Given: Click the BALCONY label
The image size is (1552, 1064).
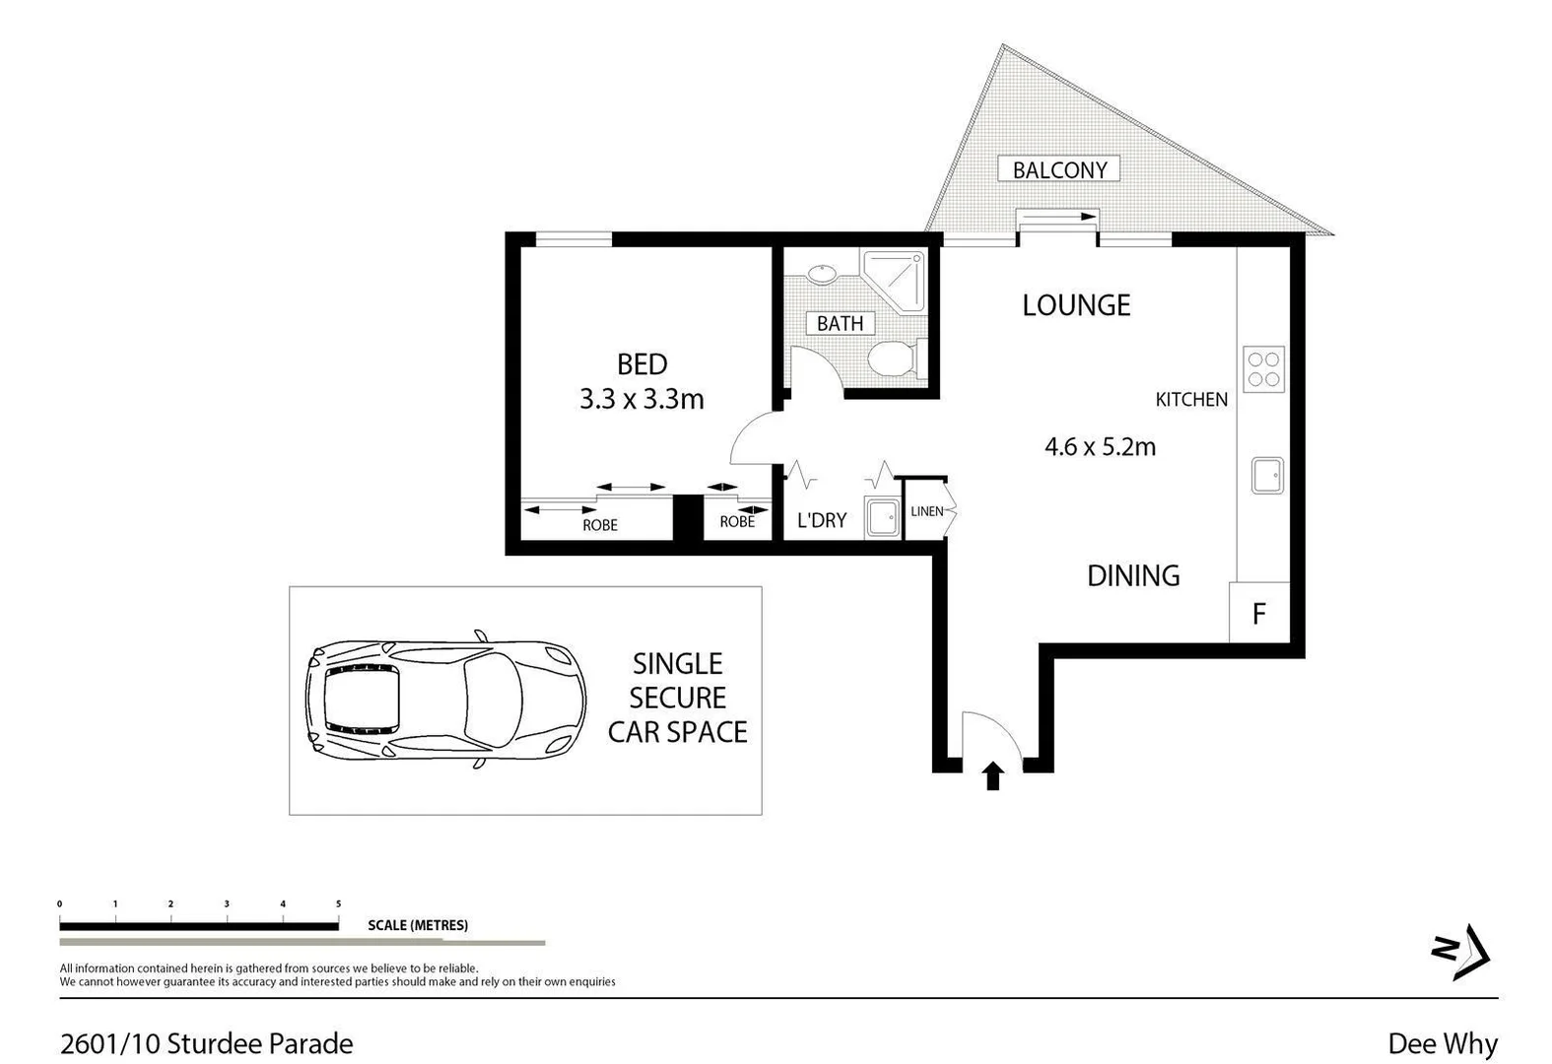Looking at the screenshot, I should (1059, 169).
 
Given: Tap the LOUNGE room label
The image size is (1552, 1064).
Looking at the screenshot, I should (1075, 305).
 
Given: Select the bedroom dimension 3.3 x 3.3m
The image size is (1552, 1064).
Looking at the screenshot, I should (641, 399).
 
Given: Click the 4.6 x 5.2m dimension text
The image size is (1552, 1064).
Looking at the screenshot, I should (1100, 446).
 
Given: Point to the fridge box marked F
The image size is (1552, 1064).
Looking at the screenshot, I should (1258, 614).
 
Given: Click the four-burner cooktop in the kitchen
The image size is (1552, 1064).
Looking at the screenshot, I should (1263, 368).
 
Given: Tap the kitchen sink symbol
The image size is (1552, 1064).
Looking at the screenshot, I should (1267, 475).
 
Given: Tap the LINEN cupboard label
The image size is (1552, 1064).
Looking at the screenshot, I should (926, 511).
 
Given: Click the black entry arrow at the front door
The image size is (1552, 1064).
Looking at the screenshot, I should (993, 776).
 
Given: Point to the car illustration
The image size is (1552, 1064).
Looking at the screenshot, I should (445, 699).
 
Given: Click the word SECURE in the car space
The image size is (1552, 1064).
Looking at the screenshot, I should (677, 698).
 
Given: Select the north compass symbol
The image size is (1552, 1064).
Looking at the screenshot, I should (1460, 952).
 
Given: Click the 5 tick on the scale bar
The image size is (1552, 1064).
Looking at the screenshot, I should (338, 904).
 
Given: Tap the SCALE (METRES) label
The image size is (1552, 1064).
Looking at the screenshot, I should (418, 925).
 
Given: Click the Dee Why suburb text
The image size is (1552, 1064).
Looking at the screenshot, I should (1443, 1043).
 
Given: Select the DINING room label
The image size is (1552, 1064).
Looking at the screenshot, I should (1133, 575).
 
